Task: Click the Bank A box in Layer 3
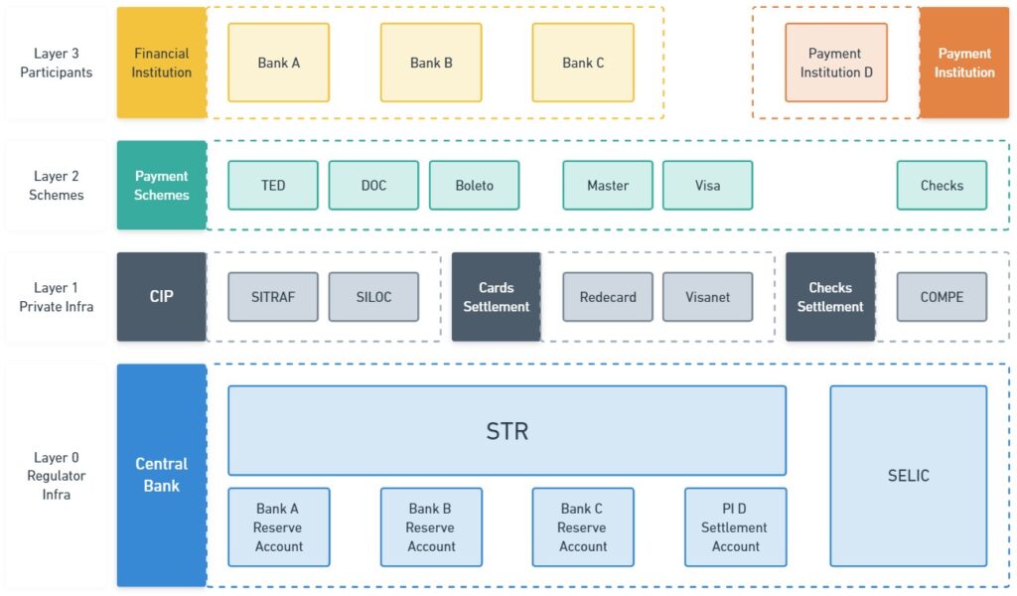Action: (x=279, y=63)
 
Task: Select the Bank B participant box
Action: (x=431, y=63)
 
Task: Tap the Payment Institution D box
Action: (x=836, y=63)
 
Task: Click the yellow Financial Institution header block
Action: (x=162, y=63)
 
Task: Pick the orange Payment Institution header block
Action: (x=963, y=63)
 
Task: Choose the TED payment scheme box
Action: (x=273, y=186)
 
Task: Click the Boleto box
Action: (x=474, y=186)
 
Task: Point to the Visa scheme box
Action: (x=707, y=186)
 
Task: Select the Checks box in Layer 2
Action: (x=942, y=186)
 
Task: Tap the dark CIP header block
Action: (x=162, y=297)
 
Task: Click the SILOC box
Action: (x=373, y=297)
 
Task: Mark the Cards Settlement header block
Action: (x=497, y=297)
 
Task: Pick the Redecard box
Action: (x=608, y=297)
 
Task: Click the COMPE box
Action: (x=942, y=297)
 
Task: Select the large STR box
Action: (x=508, y=431)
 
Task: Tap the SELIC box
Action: (x=909, y=476)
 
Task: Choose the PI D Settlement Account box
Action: (x=736, y=527)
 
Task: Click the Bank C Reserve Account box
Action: (x=583, y=527)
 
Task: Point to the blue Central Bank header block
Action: (x=162, y=476)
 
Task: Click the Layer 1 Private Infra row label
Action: (x=57, y=297)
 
